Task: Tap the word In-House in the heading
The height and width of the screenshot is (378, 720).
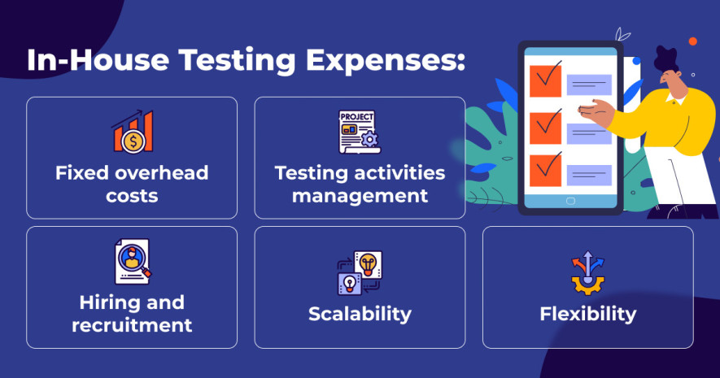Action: pyautogui.click(x=98, y=59)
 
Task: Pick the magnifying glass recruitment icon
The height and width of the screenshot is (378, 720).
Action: pyautogui.click(x=133, y=261)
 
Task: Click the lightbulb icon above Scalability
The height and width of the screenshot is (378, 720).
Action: pyautogui.click(x=360, y=272)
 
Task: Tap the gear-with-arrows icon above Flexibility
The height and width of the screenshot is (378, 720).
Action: pyautogui.click(x=587, y=272)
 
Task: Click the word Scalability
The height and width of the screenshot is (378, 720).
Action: pyautogui.click(x=360, y=315)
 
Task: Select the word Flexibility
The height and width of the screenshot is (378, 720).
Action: pyautogui.click(x=588, y=315)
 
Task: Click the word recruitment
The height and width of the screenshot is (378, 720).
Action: pyautogui.click(x=132, y=325)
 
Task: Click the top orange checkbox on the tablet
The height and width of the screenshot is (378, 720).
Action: pyautogui.click(x=546, y=80)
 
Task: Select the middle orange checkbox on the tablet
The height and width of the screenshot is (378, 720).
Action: pyautogui.click(x=546, y=128)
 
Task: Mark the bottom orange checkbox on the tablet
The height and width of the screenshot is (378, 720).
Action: pyautogui.click(x=546, y=171)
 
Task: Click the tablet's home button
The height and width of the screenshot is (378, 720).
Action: pyautogui.click(x=571, y=201)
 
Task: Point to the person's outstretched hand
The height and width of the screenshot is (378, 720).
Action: pyautogui.click(x=596, y=112)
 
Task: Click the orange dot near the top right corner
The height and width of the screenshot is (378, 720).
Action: pyautogui.click(x=693, y=41)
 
